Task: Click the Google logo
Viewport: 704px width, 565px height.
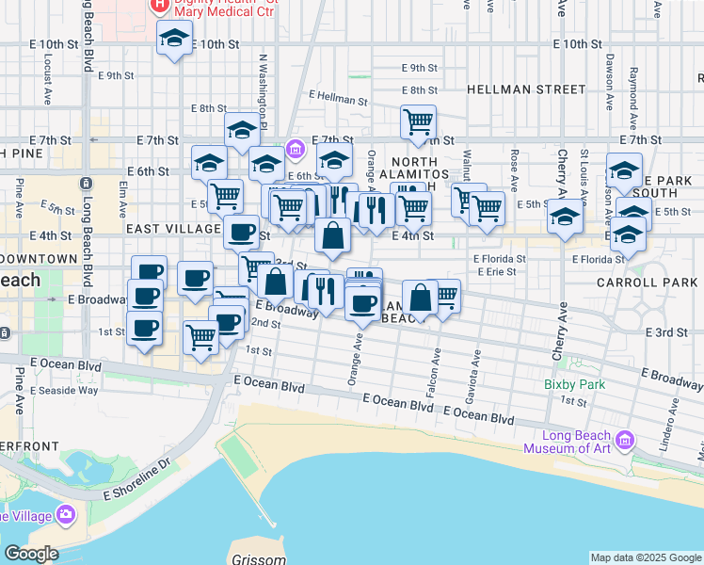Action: [30, 554]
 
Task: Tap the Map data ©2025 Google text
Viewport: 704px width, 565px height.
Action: [646, 557]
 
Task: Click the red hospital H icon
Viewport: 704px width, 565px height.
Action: [160, 6]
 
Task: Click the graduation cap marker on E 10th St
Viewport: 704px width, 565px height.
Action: [173, 40]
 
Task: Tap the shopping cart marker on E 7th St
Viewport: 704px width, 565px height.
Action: [418, 121]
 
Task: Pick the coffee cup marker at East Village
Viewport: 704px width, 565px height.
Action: [242, 231]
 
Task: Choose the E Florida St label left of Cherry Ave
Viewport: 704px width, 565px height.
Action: [497, 258]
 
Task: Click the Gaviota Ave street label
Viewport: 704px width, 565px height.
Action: [476, 361]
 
